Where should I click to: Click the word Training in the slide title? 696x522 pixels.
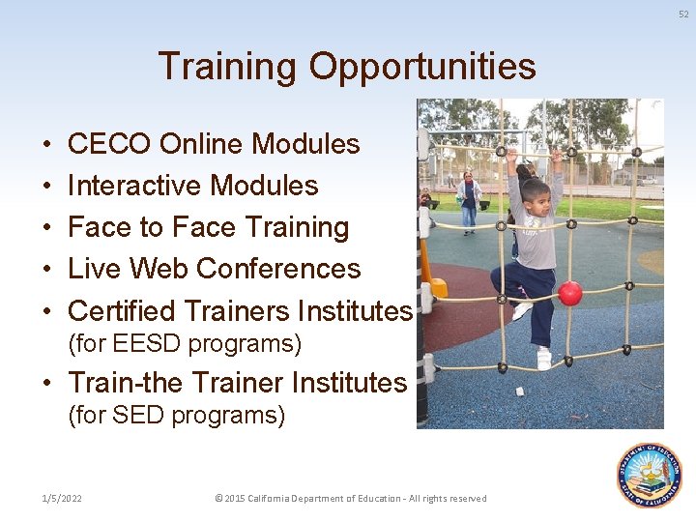pyautogui.click(x=227, y=68)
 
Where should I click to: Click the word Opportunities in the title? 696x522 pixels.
pyautogui.click(x=422, y=68)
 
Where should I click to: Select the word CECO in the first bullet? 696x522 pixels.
pyautogui.click(x=109, y=144)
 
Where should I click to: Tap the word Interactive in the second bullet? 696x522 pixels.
pyautogui.click(x=134, y=186)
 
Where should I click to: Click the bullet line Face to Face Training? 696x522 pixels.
pyautogui.click(x=208, y=227)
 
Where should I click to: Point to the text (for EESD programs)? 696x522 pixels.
pyautogui.click(x=185, y=344)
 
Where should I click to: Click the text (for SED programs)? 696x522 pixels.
pyautogui.click(x=176, y=416)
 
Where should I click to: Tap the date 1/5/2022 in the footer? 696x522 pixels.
pyautogui.click(x=62, y=499)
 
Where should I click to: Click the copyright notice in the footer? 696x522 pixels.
pyautogui.click(x=350, y=499)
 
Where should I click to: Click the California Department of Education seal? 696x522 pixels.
pyautogui.click(x=650, y=476)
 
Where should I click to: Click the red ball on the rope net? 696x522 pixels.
pyautogui.click(x=570, y=293)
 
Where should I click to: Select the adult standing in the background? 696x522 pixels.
pyautogui.click(x=470, y=201)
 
